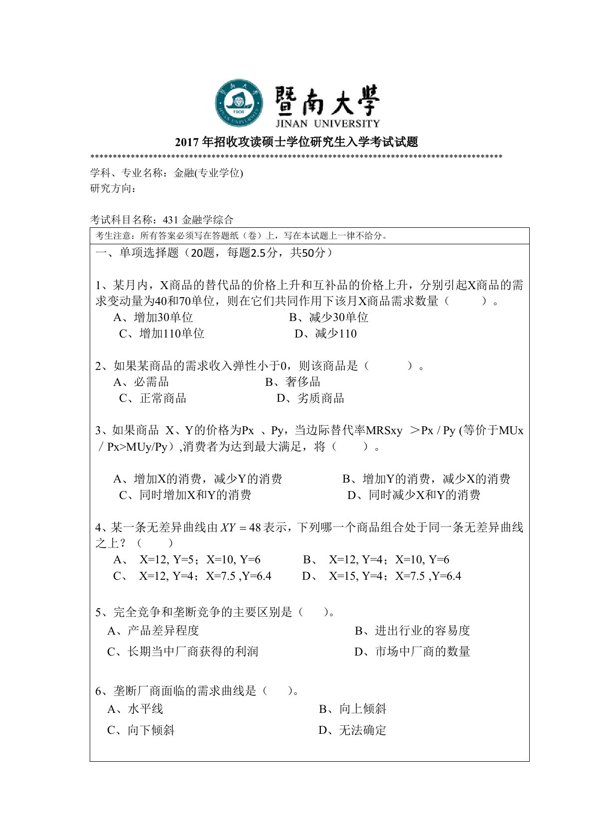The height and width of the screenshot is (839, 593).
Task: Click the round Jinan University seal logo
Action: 239,103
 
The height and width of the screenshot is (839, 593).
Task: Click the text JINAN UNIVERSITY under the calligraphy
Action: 327,124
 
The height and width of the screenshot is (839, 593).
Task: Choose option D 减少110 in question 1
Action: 325,334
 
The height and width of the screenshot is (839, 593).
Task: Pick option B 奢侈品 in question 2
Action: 293,382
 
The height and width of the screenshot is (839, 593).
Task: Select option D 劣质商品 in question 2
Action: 310,398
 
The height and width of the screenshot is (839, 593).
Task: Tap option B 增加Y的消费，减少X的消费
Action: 426,479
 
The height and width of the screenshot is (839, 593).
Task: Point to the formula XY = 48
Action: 241,527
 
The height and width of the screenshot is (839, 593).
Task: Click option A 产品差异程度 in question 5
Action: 153,631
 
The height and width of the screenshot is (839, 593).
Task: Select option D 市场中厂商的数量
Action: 412,652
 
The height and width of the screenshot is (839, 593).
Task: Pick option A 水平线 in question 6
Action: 135,709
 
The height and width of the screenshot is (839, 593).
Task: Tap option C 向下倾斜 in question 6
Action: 141,730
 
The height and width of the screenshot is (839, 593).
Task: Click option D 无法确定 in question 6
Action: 352,730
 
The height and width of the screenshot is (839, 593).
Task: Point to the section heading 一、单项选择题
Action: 137,253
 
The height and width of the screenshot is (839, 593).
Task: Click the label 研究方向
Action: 113,188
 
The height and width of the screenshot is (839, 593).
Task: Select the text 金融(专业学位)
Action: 208,173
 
